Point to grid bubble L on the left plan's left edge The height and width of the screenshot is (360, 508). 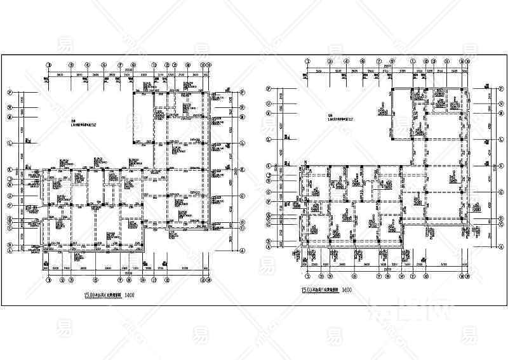point(10,117)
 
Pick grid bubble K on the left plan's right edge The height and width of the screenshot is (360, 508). point(243,170)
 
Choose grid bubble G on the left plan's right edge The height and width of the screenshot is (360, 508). point(243,204)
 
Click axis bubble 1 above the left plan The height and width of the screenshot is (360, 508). point(48,65)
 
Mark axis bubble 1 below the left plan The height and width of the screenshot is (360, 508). point(48,278)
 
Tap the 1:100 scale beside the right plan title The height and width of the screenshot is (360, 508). point(347,291)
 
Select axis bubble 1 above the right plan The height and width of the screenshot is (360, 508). point(307,62)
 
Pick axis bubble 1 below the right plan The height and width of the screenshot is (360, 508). point(307,276)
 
